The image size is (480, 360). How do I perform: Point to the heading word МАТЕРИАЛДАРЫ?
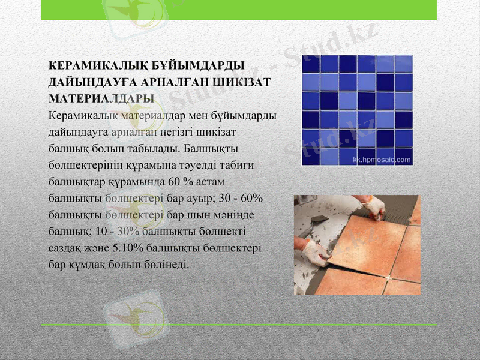100,97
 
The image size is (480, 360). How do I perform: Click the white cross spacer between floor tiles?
388,277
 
